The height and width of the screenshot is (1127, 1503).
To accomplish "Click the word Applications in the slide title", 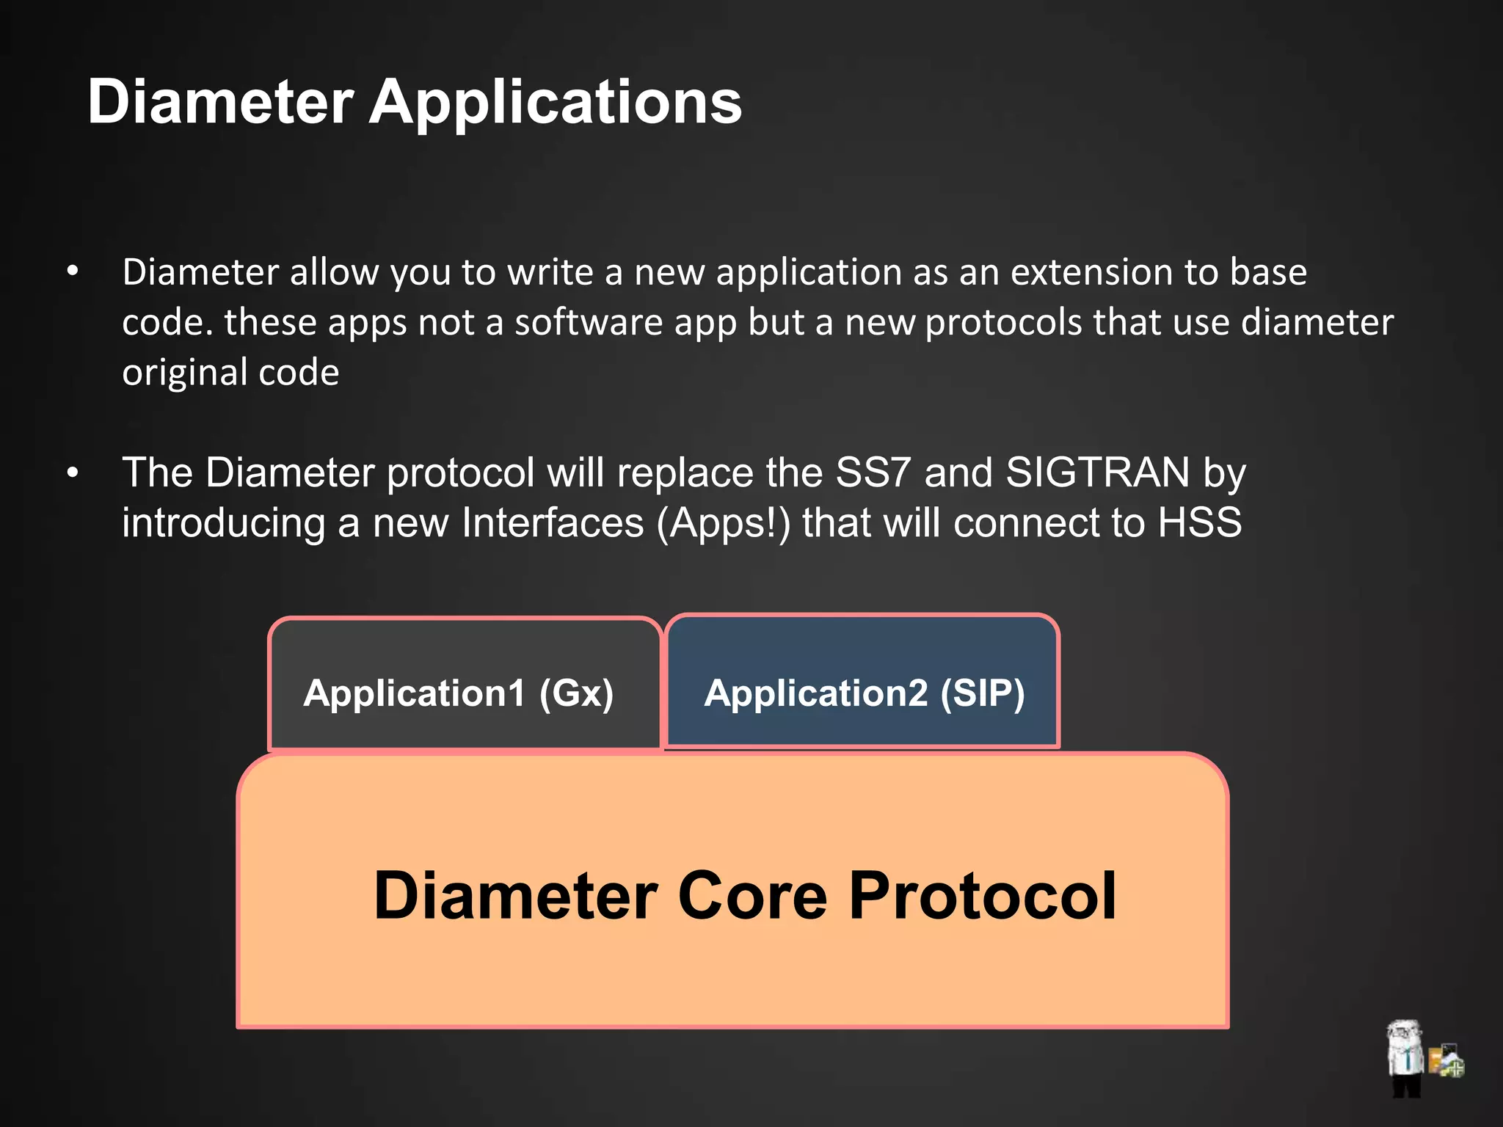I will (x=555, y=103).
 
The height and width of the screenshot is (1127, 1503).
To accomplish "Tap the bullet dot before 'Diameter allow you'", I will (x=72, y=272).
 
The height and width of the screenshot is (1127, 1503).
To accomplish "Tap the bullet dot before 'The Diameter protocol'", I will (x=72, y=473).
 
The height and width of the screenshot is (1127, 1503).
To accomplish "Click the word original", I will (x=184, y=373).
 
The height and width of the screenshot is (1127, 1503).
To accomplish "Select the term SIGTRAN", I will (x=1097, y=473).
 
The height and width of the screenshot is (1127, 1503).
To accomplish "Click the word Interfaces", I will (x=553, y=523).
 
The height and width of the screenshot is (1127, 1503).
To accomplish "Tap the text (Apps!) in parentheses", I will (x=724, y=523).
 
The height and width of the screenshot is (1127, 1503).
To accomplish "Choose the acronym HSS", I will (x=1200, y=523).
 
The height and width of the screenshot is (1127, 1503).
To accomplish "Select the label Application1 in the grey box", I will (x=415, y=693).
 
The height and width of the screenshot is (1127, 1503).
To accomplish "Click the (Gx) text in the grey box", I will (x=576, y=693).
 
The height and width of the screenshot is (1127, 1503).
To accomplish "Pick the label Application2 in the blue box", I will (x=816, y=693).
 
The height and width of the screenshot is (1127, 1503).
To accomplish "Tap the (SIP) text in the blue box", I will (x=983, y=693).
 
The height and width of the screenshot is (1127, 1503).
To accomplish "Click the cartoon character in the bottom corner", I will (x=1405, y=1057).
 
